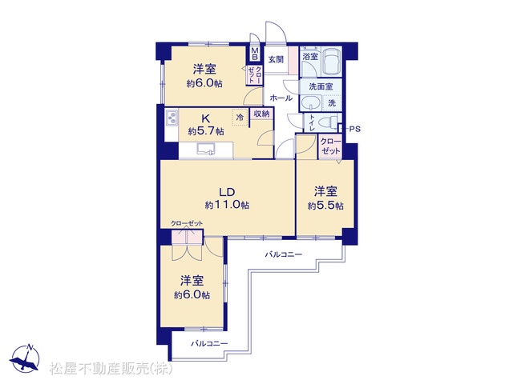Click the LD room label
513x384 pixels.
227,192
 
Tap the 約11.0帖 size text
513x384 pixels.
227,205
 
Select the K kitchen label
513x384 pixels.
205,118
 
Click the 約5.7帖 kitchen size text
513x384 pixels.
206,131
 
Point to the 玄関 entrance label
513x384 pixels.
276,60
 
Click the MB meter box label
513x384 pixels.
255,54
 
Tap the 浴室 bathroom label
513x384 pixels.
310,56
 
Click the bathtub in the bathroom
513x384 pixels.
332,62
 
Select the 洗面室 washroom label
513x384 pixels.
321,86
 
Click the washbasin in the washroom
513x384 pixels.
311,102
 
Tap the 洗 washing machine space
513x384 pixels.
332,103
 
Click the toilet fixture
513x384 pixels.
328,123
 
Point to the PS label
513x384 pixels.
355,129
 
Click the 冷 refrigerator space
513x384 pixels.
240,117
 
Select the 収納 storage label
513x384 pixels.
262,114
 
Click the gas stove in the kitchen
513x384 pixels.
172,118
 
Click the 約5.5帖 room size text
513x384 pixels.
325,206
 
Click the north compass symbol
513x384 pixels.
25,359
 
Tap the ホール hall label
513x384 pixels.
281,98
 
